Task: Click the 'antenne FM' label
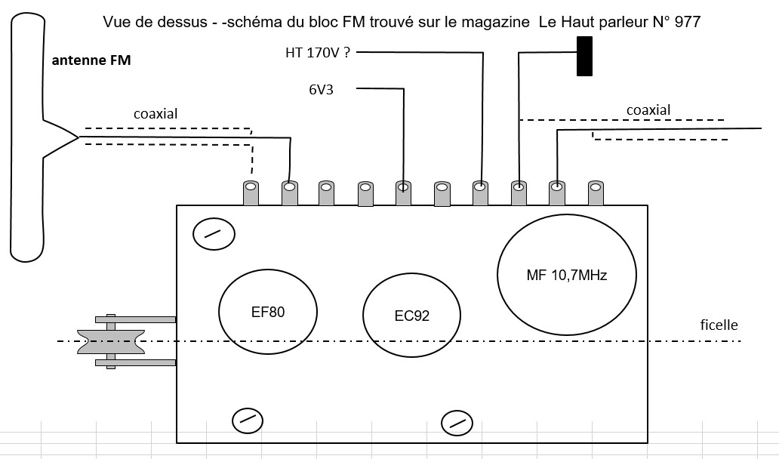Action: [x=91, y=60]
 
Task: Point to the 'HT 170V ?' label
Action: [x=318, y=52]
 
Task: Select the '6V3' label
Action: [x=321, y=90]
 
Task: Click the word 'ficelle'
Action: [x=719, y=325]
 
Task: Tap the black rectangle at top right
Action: [x=585, y=56]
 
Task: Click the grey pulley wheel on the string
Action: [x=111, y=342]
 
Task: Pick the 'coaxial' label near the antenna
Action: [x=155, y=114]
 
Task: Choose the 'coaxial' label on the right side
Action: [x=648, y=109]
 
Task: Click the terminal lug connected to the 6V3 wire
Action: [x=403, y=193]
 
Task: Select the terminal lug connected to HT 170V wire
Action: [x=480, y=193]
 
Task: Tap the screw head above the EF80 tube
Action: [x=214, y=234]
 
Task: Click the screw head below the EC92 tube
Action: [x=457, y=424]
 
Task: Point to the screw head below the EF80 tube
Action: [x=248, y=420]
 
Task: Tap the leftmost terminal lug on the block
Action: [x=251, y=193]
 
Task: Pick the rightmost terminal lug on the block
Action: [x=596, y=193]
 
